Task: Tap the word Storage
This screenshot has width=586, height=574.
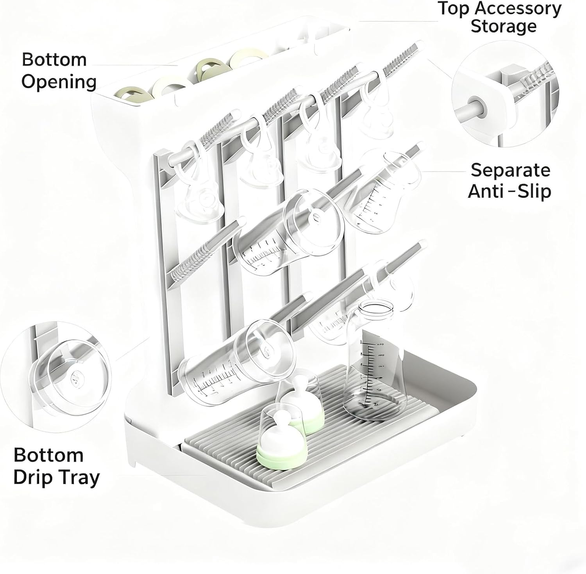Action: coord(504,27)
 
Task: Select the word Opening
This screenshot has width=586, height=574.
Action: coord(59,82)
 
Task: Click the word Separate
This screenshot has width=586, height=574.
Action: coord(510,170)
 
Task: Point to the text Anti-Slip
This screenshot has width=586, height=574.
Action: coord(509,191)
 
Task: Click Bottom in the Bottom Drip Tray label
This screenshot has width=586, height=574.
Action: coord(48,455)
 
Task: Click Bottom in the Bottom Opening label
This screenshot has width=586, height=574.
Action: coord(54,60)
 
